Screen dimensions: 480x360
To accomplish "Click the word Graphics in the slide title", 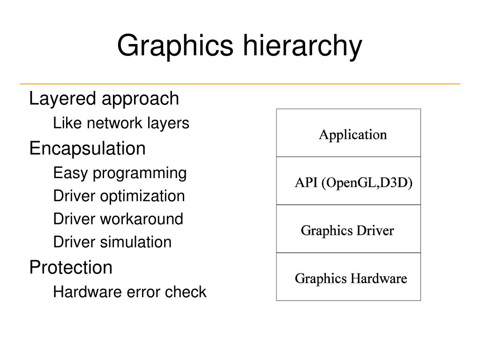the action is tap(175, 46).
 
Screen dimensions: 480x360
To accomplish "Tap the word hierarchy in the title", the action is tap(302, 46).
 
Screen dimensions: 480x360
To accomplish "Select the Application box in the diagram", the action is tap(348, 133).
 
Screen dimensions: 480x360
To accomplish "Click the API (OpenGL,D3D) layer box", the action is tap(348, 181).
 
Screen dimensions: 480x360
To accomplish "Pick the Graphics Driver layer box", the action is tap(348, 229).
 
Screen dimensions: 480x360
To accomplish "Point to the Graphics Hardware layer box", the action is tap(348, 277).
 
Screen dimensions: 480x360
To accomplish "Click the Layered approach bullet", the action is tap(104, 99).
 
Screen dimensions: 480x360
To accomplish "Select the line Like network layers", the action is tap(121, 123).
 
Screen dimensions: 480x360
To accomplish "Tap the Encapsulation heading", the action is tap(87, 149).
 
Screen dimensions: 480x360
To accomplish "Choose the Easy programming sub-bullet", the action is tap(120, 173).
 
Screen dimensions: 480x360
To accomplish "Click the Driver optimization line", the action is tap(119, 196).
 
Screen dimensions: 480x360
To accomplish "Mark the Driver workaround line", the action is tap(118, 219).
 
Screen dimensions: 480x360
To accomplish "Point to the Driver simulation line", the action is tap(112, 242).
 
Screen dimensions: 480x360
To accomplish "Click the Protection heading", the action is tap(71, 268).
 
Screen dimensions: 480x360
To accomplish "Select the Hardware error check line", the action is tap(130, 292).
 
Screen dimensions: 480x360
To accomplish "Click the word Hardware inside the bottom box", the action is tap(378, 279).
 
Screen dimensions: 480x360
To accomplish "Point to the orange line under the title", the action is tap(240, 84).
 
